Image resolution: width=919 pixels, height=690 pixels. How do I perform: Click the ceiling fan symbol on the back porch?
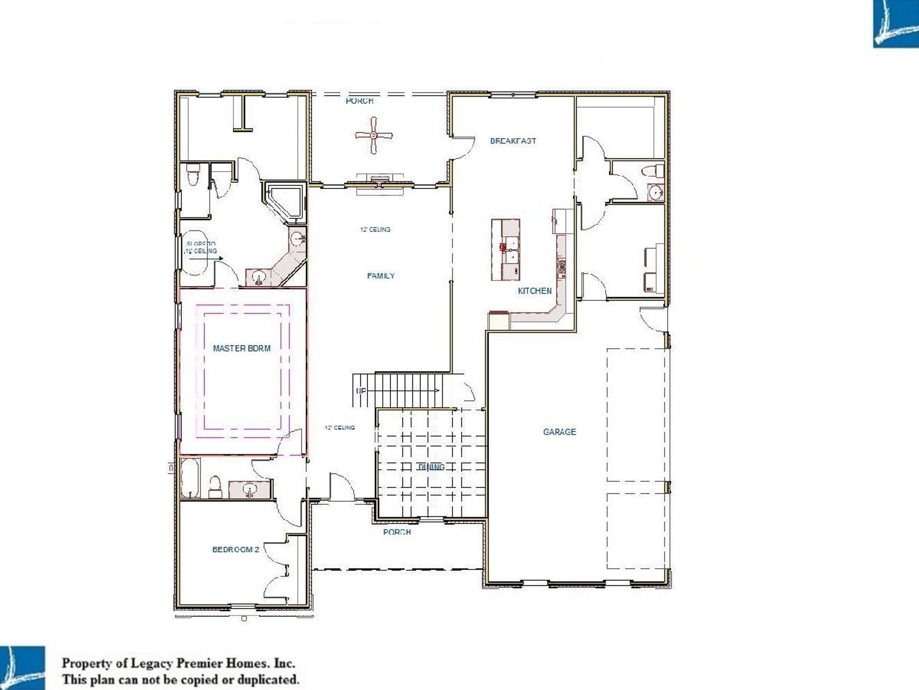click(x=374, y=135)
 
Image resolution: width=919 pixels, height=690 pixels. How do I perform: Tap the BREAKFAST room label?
click(x=513, y=141)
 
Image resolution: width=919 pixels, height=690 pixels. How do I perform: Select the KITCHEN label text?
click(x=534, y=291)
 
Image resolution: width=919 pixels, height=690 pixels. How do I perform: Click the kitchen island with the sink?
click(x=506, y=250)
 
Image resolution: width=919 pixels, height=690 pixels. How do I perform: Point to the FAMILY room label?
click(x=381, y=275)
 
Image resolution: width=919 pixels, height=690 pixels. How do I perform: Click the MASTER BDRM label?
click(x=241, y=348)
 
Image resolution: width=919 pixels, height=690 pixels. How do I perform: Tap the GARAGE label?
click(x=559, y=432)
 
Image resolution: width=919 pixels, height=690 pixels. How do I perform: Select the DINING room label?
click(x=431, y=467)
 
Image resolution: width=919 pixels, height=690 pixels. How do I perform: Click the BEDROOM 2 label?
click(x=235, y=549)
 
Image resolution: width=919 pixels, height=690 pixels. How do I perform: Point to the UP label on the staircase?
click(x=360, y=391)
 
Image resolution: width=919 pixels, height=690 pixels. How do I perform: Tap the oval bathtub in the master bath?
click(x=194, y=252)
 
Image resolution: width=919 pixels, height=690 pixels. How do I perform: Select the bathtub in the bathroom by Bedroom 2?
click(x=190, y=478)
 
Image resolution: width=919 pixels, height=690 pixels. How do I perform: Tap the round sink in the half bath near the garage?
click(x=656, y=193)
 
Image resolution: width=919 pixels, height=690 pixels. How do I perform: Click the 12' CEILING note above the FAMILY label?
click(x=375, y=229)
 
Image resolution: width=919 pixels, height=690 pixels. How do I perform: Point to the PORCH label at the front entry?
click(x=397, y=532)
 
